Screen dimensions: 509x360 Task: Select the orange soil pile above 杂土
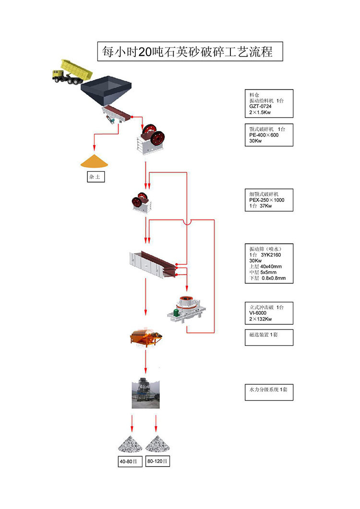tap(95, 161)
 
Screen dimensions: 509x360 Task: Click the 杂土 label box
tap(95, 177)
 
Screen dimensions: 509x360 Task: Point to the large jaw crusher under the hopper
tap(153, 139)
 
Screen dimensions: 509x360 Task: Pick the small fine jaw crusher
tap(140, 202)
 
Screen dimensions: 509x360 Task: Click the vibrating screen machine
tap(153, 264)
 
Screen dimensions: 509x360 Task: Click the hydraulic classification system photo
tap(145, 392)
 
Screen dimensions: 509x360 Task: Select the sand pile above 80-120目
tap(158, 443)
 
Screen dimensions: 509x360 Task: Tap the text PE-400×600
tap(264, 135)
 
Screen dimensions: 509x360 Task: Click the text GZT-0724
tap(261, 107)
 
